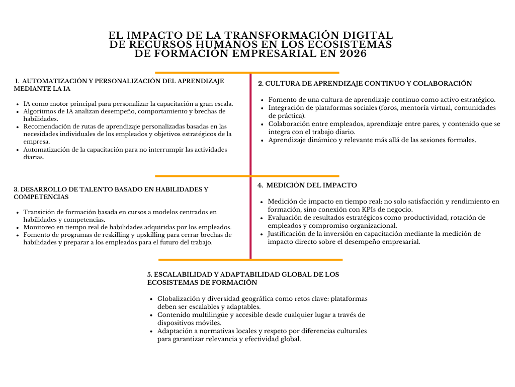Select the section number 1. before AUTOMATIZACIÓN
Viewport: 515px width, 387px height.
pos(17,81)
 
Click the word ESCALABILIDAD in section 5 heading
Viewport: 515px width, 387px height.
pos(185,275)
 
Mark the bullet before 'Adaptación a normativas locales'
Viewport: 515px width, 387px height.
pos(151,331)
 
